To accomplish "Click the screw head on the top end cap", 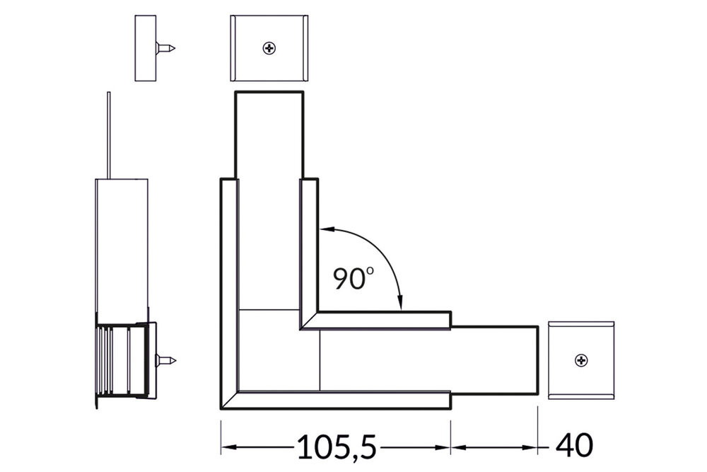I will [269, 49].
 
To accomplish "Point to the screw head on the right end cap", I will [581, 361].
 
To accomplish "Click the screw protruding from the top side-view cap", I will [166, 49].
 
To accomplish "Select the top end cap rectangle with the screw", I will [269, 49].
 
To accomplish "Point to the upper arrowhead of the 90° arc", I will [323, 229].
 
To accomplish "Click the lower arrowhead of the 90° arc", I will [401, 305].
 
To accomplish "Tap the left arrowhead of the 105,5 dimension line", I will [227, 447].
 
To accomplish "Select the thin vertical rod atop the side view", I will [108, 134].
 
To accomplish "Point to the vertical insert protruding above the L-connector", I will [269, 134].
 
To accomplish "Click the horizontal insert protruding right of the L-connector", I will [495, 361].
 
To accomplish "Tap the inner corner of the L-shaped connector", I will [302, 328].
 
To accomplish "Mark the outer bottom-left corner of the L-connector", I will [222, 408].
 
